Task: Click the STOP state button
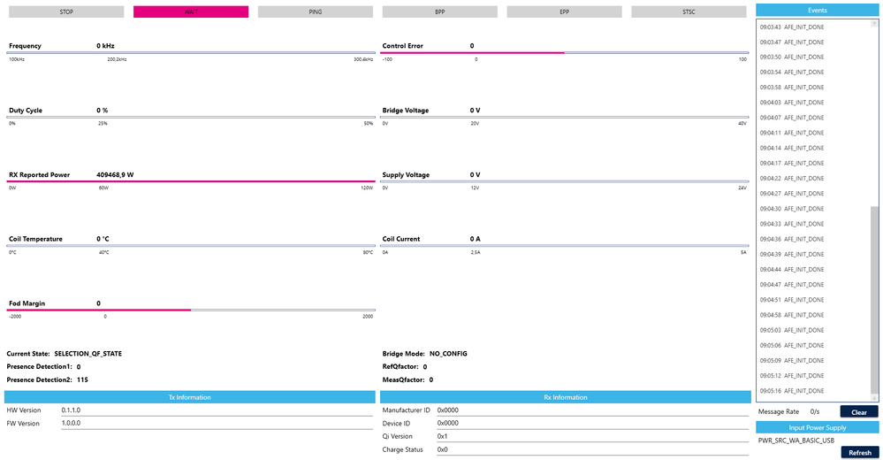point(66,12)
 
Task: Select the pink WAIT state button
point(191,12)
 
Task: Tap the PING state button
point(316,12)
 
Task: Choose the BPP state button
point(440,12)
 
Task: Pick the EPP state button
point(565,12)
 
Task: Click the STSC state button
point(689,12)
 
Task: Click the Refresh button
point(859,452)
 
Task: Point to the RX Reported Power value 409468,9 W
point(120,175)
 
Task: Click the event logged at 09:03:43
point(792,27)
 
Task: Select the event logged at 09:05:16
point(792,390)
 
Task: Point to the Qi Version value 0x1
point(443,436)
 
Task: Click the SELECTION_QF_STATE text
point(88,353)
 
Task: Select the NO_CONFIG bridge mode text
point(448,353)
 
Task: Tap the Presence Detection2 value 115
point(83,379)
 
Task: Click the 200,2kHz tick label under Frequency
point(117,59)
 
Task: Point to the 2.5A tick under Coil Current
point(476,252)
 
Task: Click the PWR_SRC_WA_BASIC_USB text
point(796,440)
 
